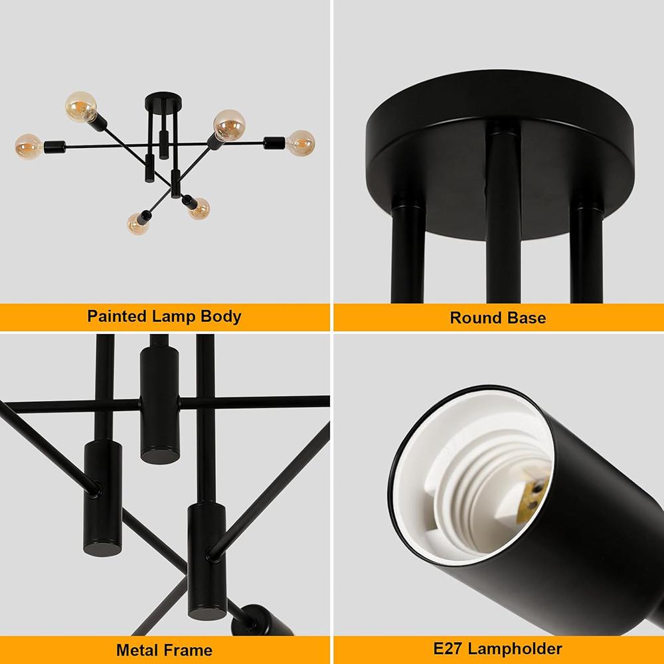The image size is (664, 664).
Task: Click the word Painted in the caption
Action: [116, 316]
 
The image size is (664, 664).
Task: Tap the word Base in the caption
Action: [527, 317]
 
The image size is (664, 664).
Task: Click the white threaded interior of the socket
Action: [478, 485]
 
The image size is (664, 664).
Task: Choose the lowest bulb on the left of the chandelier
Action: [139, 222]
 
